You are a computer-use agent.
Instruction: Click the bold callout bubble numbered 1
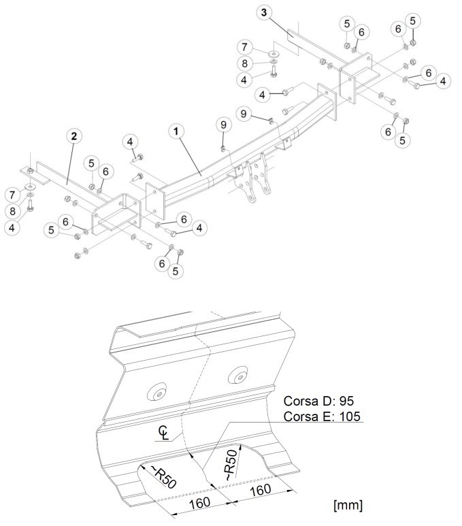(x=176, y=131)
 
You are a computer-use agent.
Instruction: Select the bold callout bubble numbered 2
(x=73, y=136)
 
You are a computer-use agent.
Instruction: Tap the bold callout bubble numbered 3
(x=264, y=13)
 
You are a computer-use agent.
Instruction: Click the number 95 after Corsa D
(x=346, y=401)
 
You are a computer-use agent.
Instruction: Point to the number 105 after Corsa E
(x=350, y=416)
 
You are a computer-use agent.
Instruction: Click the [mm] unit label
(x=348, y=505)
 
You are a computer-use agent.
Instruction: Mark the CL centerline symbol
(x=163, y=432)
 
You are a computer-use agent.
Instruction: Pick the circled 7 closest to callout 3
(x=244, y=47)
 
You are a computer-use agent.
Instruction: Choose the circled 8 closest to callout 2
(x=12, y=211)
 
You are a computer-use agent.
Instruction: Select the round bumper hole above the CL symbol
(x=157, y=391)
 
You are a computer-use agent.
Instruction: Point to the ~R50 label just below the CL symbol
(x=164, y=477)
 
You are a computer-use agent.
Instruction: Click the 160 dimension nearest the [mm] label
(x=261, y=490)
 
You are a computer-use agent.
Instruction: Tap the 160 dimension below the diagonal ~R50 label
(x=200, y=503)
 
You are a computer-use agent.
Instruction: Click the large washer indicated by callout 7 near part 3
(x=274, y=54)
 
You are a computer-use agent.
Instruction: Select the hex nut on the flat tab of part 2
(x=30, y=170)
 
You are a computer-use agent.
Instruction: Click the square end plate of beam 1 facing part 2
(x=155, y=201)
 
